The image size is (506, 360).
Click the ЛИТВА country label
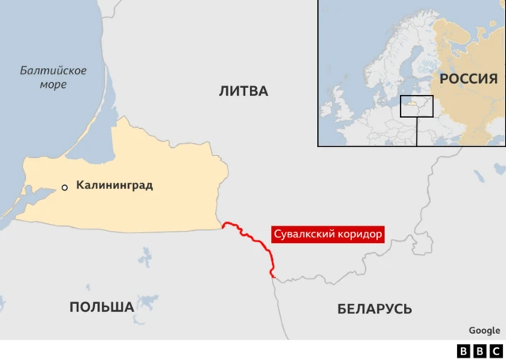pyautogui.click(x=244, y=91)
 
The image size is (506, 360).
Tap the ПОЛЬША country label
pyautogui.click(x=101, y=307)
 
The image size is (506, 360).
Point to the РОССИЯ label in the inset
pyautogui.click(x=468, y=78)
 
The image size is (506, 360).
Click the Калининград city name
pyautogui.click(x=114, y=186)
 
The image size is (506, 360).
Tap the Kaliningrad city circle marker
pyautogui.click(x=65, y=188)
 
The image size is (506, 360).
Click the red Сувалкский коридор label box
pyautogui.click(x=327, y=235)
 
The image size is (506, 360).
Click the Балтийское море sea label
pyautogui.click(x=54, y=78)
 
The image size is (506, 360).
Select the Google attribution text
pyautogui.click(x=484, y=331)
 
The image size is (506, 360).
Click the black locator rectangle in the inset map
pyautogui.click(x=417, y=106)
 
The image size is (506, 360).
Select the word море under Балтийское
pyautogui.click(x=54, y=85)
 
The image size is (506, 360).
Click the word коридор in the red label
pyautogui.click(x=357, y=235)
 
